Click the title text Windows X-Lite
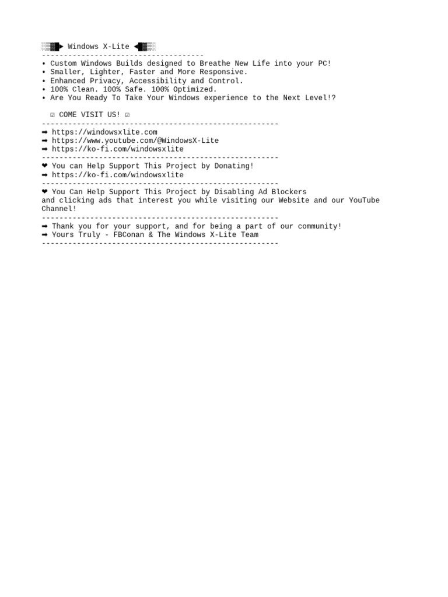[x=99, y=47]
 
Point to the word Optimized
[x=195, y=90]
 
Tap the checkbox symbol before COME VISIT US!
[x=52, y=115]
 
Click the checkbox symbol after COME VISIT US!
[x=127, y=115]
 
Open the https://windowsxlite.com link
[x=104, y=132]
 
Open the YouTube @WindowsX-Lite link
[x=135, y=141]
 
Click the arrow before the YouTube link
[x=45, y=141]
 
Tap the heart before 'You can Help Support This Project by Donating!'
[x=45, y=166]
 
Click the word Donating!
[x=235, y=166]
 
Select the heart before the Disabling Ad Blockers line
[x=45, y=192]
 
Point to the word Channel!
[x=59, y=209]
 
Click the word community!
[x=320, y=226]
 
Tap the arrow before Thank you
[x=45, y=226]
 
